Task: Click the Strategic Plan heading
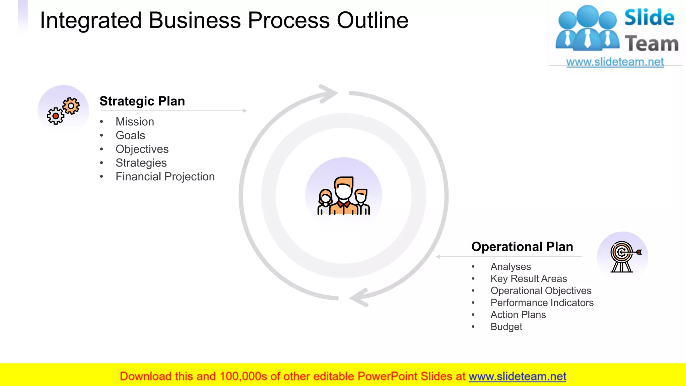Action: [x=142, y=101]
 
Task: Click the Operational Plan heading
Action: [x=522, y=247]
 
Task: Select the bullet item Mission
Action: [x=135, y=122]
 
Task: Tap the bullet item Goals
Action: [x=130, y=135]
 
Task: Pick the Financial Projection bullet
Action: [x=165, y=177]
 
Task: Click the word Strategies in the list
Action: [x=141, y=163]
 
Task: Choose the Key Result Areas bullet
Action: [x=529, y=278]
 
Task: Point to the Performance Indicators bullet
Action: [x=542, y=303]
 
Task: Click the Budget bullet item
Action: [x=506, y=327]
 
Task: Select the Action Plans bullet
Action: [x=518, y=315]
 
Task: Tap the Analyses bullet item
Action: [x=510, y=266]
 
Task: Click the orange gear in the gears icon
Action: [x=71, y=106]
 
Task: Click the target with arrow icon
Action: [x=623, y=256]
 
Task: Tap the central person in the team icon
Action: [x=344, y=196]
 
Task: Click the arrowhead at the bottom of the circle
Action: [x=359, y=298]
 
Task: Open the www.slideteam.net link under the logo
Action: [x=615, y=62]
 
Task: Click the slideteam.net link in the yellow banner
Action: [x=517, y=376]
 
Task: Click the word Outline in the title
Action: [x=372, y=20]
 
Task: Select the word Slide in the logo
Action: [x=649, y=17]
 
